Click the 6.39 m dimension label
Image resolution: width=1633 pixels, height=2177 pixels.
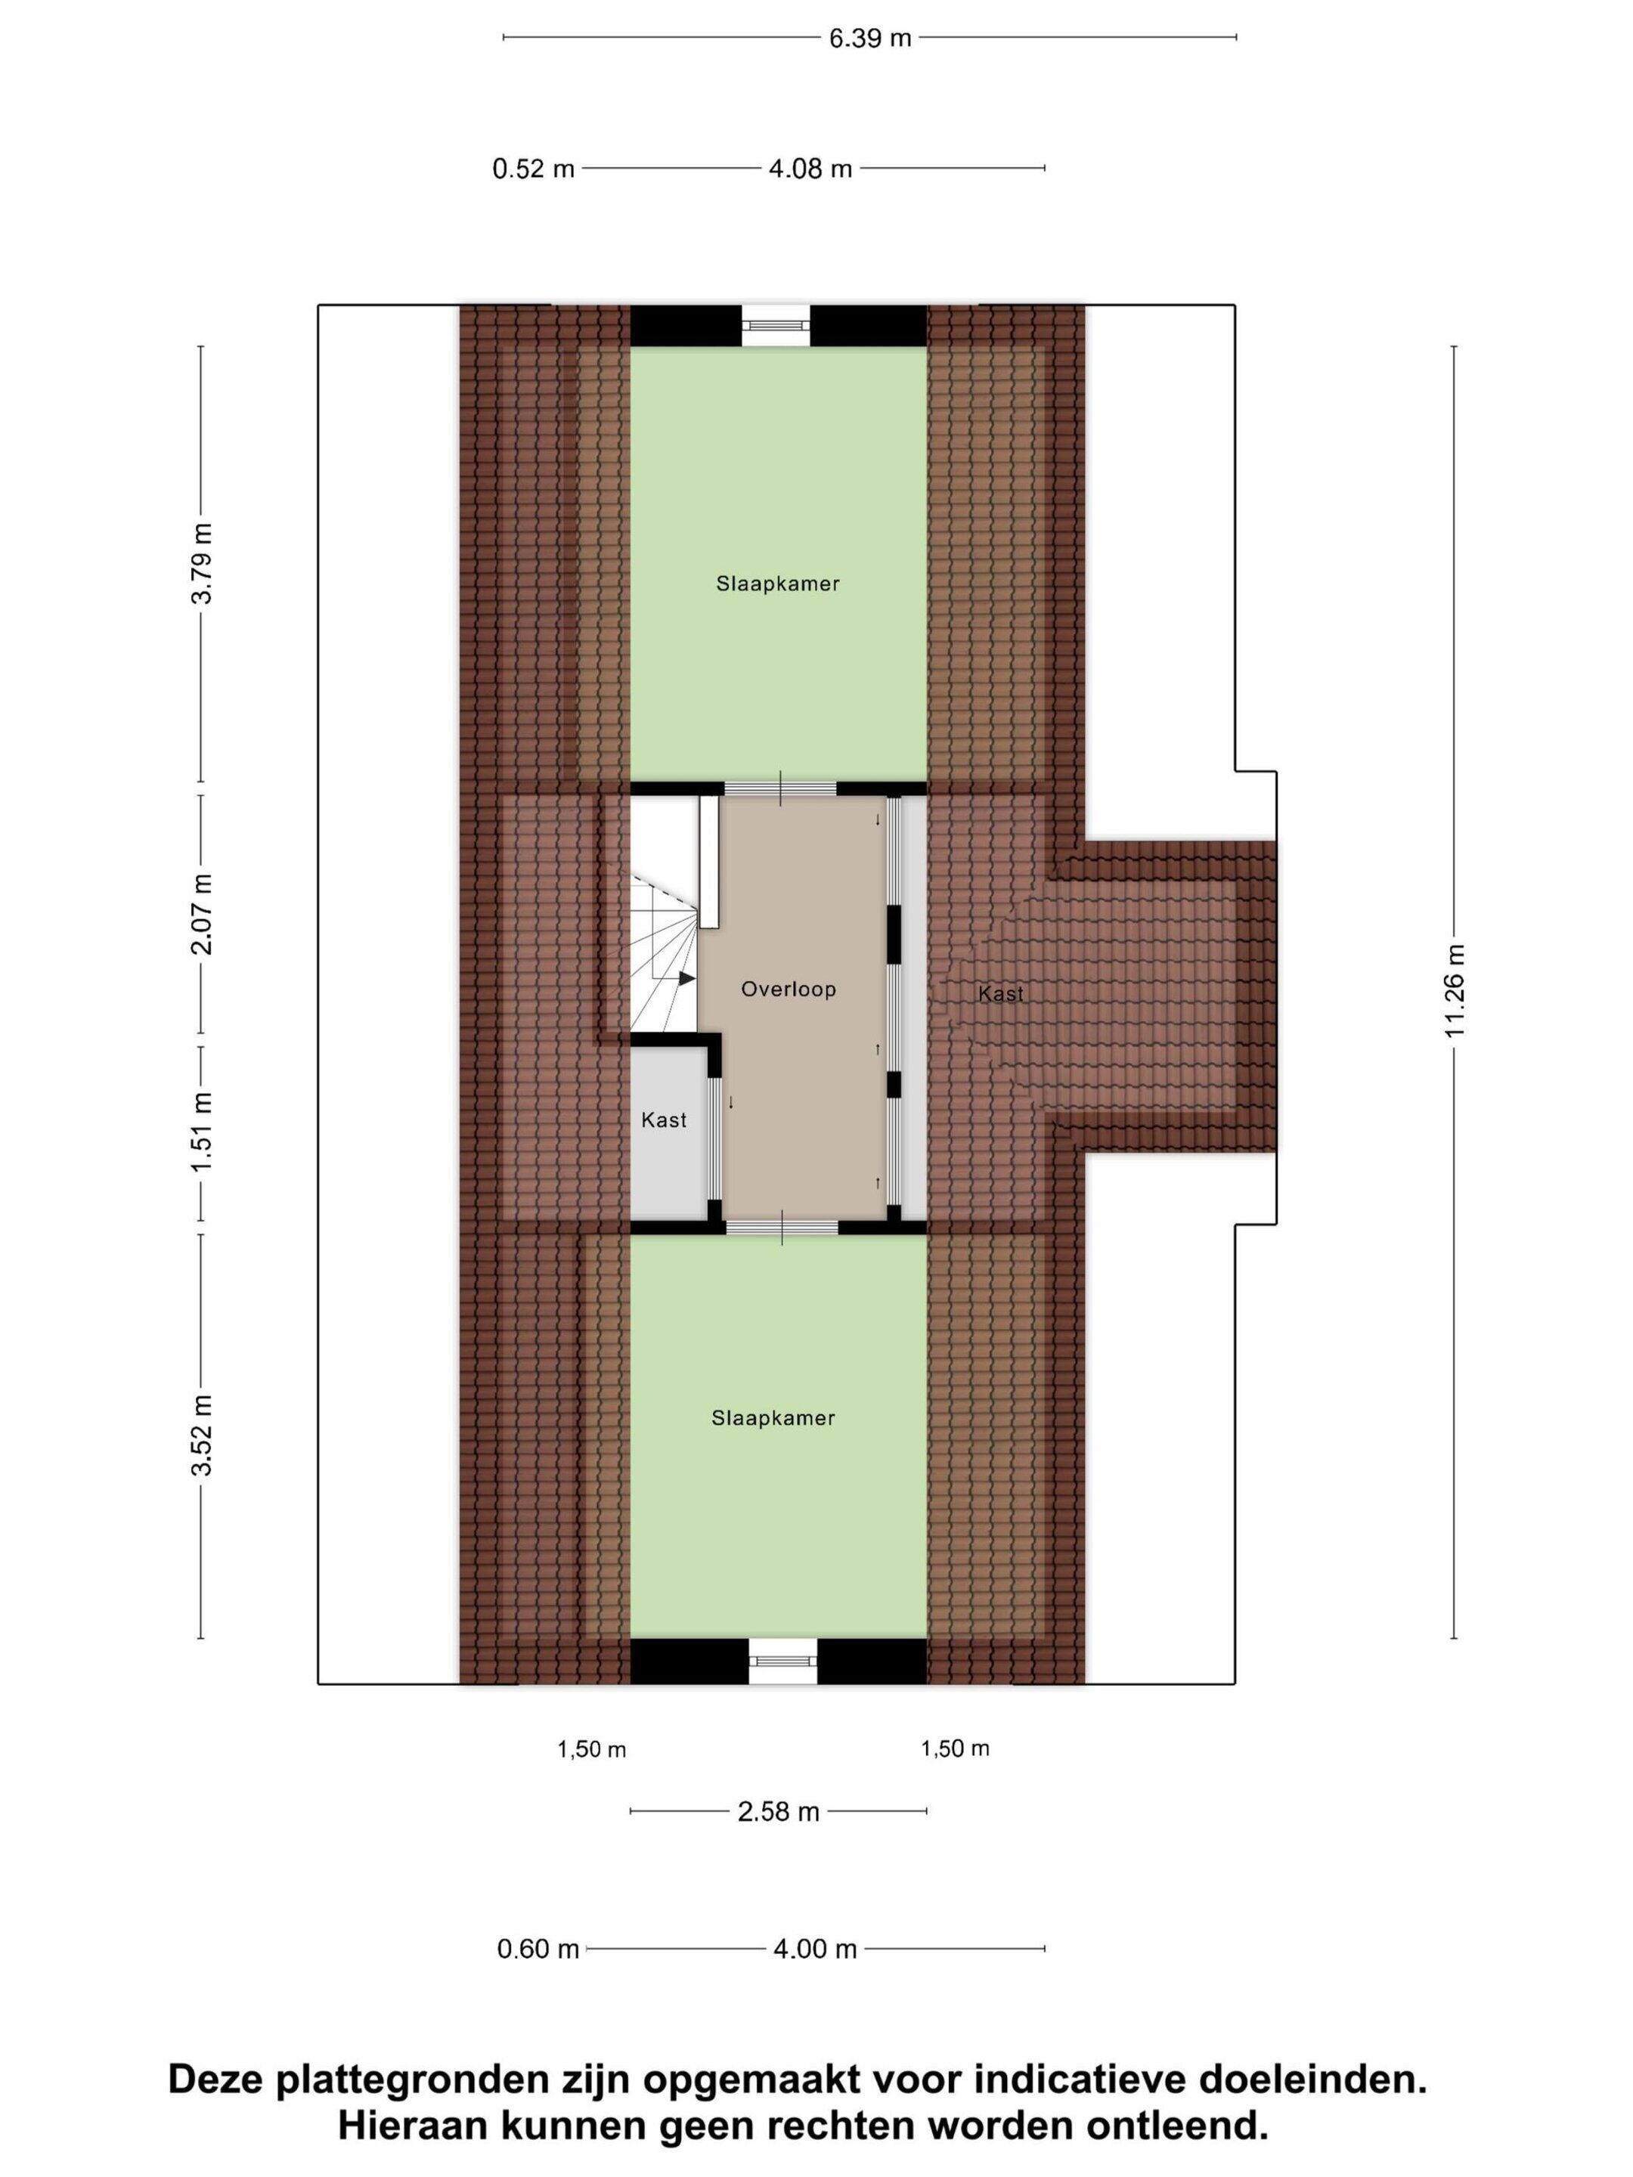tap(869, 39)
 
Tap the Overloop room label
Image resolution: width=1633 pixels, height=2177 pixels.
tap(789, 989)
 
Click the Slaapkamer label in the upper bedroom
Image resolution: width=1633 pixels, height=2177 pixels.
tap(778, 584)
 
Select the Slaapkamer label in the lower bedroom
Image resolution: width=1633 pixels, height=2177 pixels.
tap(773, 1418)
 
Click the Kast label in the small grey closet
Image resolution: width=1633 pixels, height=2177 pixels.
tap(664, 1120)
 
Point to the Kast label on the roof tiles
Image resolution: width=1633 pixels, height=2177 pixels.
tap(1000, 994)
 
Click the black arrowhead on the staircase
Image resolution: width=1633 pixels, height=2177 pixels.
tap(686, 977)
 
